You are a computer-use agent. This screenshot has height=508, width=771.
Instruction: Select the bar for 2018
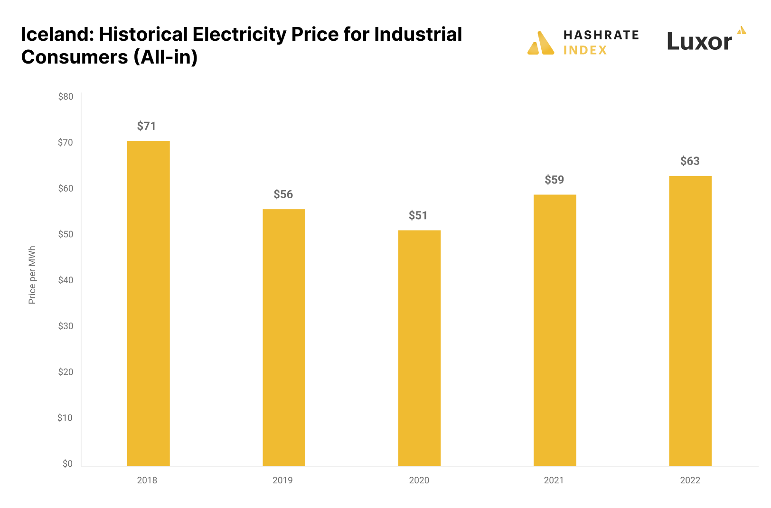[148, 304]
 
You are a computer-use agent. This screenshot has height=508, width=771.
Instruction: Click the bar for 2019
[284, 338]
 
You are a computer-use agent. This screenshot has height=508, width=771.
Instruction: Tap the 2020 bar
[419, 348]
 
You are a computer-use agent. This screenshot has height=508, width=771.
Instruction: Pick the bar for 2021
[555, 330]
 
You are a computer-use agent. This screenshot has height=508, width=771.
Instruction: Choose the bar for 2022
[690, 321]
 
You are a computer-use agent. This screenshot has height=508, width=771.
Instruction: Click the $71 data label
[146, 126]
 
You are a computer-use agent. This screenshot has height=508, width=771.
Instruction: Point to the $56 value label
[283, 194]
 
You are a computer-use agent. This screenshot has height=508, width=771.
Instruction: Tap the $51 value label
[418, 216]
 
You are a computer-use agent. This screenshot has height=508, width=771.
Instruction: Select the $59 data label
[554, 180]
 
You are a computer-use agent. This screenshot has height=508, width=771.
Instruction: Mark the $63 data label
[690, 161]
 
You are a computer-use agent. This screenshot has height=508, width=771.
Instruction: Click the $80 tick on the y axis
[66, 97]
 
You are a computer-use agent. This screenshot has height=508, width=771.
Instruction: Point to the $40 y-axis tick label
[66, 280]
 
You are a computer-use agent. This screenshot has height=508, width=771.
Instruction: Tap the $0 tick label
[67, 464]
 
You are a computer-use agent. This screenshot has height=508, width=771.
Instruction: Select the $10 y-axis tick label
[65, 418]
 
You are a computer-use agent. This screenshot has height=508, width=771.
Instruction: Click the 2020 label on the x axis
[419, 480]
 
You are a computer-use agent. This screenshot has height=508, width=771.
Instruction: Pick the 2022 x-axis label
[690, 480]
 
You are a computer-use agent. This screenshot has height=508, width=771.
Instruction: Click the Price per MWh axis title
[32, 275]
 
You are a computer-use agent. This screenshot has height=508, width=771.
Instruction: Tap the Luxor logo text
[699, 42]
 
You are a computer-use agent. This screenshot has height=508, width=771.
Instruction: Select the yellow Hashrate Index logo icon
[541, 43]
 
